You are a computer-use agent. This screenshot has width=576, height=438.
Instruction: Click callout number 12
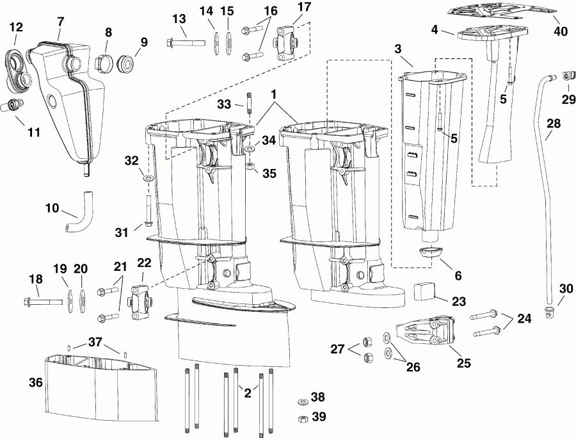16,27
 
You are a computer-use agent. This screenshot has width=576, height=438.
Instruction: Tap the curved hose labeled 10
78,218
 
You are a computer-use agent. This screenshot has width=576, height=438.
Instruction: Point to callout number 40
561,30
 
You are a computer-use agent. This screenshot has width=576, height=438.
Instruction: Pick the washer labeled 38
301,401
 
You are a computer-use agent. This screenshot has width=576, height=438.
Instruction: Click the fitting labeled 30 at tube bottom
549,311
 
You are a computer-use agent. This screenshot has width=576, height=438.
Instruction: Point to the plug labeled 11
13,104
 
